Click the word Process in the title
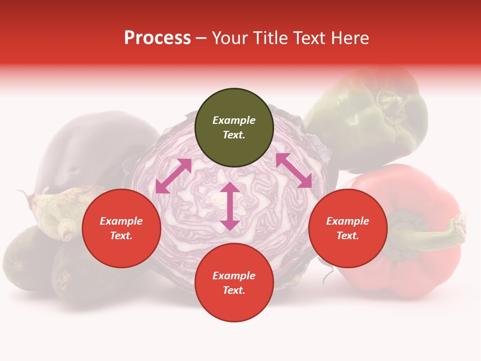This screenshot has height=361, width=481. [157, 38]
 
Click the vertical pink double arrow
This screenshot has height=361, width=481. [230, 206]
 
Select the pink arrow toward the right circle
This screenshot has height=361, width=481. [294, 170]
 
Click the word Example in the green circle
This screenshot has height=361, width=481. [234, 120]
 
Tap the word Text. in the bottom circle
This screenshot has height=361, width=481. [234, 290]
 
